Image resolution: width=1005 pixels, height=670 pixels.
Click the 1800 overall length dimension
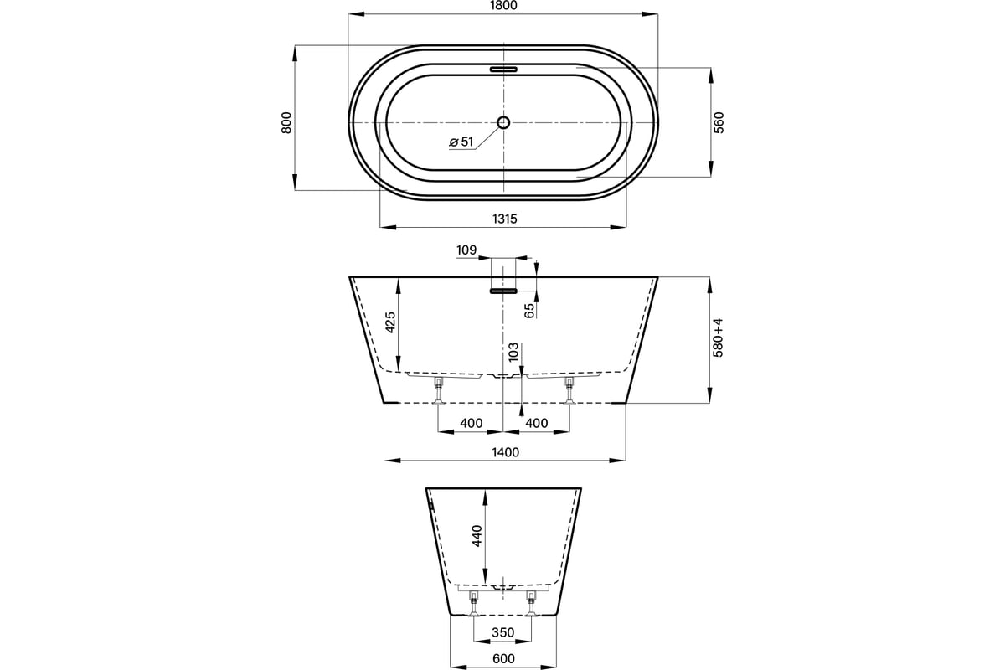(504, 5)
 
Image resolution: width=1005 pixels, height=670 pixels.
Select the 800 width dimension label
(286, 122)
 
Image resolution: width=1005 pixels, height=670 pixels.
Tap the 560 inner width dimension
(719, 122)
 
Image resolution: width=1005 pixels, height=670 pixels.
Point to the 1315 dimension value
(505, 219)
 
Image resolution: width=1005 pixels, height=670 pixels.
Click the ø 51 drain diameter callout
(461, 142)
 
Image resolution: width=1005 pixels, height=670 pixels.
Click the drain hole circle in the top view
(503, 122)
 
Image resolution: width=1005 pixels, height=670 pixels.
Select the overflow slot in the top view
(503, 70)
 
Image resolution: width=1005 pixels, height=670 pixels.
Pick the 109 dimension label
(466, 250)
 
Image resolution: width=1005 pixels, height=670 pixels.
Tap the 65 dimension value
(529, 311)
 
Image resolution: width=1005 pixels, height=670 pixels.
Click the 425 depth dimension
(390, 322)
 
